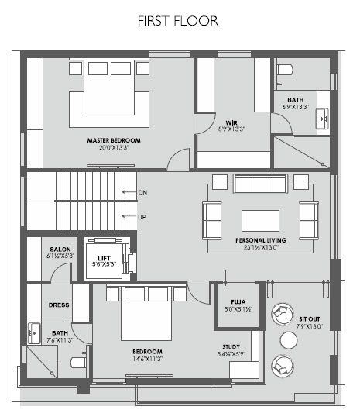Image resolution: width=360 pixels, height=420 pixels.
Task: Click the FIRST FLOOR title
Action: [x=178, y=21]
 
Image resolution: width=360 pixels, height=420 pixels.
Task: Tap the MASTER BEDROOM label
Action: [x=114, y=140]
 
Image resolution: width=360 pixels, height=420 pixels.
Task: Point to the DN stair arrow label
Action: [x=142, y=192]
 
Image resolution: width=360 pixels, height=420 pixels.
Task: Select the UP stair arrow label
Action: [x=142, y=217]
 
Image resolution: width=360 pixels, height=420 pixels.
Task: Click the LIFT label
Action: [x=104, y=258]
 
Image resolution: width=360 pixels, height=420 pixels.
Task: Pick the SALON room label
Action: [x=60, y=250]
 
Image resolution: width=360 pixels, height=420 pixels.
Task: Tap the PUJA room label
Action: [x=238, y=302]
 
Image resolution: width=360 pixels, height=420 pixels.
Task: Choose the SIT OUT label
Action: [x=310, y=319]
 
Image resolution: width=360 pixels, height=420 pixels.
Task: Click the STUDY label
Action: [x=231, y=347]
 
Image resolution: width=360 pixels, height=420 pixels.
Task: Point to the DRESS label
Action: [x=59, y=305]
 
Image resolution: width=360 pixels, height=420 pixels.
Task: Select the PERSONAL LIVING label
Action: [x=261, y=240]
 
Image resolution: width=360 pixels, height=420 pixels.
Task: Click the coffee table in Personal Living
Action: [x=260, y=221]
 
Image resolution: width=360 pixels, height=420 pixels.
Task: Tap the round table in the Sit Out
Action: [x=289, y=340]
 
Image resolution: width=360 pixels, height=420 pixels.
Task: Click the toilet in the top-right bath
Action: [x=285, y=70]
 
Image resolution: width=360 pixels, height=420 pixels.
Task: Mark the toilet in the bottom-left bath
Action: [x=78, y=363]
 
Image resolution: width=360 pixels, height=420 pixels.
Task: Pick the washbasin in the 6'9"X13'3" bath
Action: [x=322, y=119]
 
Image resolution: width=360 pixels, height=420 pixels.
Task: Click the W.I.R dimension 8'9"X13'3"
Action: [x=231, y=129]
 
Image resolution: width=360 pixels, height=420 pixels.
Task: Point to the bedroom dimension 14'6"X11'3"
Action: [x=148, y=359]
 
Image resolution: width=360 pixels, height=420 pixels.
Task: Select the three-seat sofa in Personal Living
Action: [x=260, y=184]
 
